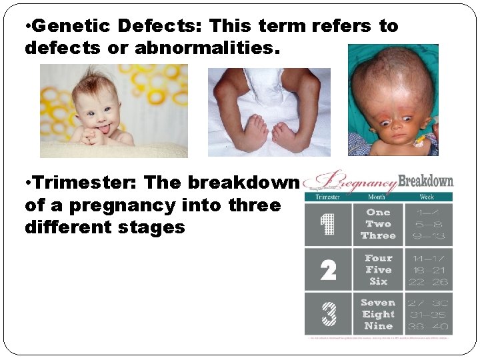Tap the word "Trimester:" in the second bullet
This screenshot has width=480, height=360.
81,183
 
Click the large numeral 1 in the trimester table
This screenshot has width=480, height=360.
328,225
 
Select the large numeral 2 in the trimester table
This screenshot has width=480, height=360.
328,270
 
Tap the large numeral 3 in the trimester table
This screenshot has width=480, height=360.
328,314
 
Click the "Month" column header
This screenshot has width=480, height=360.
378,197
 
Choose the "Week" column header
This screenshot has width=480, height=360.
427,197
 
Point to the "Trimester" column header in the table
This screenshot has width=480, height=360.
327,197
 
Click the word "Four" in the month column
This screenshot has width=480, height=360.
378,258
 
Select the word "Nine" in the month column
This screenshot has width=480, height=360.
378,326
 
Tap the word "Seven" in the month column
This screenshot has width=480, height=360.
378,303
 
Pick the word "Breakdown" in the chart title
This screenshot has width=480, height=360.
425,181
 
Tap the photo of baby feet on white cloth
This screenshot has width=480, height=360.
269,113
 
